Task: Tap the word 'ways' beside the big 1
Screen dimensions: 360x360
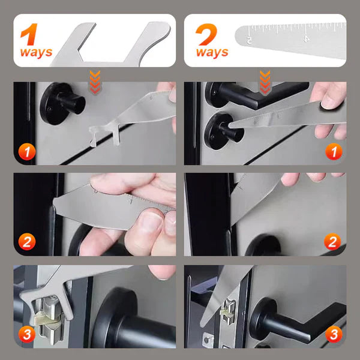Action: pyautogui.click(x=36, y=52)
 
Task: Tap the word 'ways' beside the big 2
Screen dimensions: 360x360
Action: pyautogui.click(x=212, y=52)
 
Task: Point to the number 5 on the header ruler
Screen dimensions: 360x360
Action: pyautogui.click(x=250, y=40)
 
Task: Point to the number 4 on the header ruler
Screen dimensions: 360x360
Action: pyautogui.click(x=307, y=38)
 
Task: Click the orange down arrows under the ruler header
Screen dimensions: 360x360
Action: pyautogui.click(x=264, y=79)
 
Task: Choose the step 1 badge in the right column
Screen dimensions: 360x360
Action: pyautogui.click(x=333, y=152)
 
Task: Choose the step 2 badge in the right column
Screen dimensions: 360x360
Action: pyautogui.click(x=333, y=242)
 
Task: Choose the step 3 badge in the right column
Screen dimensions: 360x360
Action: pyautogui.click(x=333, y=334)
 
